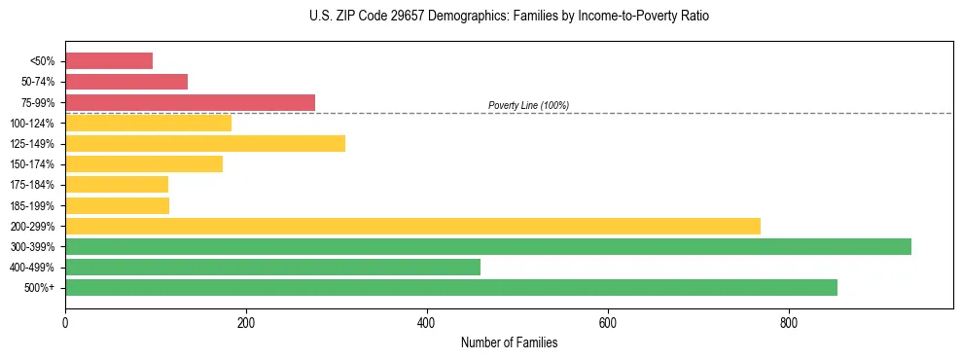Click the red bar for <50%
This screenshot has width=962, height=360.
point(109,61)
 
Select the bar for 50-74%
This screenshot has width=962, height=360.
point(126,82)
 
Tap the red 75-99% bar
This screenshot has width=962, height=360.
point(190,102)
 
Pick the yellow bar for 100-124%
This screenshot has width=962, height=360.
point(148,123)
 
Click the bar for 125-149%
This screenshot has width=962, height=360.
point(205,144)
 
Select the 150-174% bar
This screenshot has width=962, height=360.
point(144,164)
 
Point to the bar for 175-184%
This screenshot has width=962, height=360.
point(117,185)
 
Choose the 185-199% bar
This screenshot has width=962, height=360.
point(117,205)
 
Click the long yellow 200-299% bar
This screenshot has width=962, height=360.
point(412,226)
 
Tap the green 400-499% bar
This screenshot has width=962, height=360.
point(272,267)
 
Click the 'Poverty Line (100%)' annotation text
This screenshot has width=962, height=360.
point(528,105)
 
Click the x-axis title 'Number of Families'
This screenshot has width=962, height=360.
point(509,342)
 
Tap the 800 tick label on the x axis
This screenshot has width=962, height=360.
point(789,322)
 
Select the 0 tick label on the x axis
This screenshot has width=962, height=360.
point(65,322)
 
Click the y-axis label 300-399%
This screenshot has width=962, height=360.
point(32,247)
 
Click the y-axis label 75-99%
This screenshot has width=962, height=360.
point(37,103)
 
